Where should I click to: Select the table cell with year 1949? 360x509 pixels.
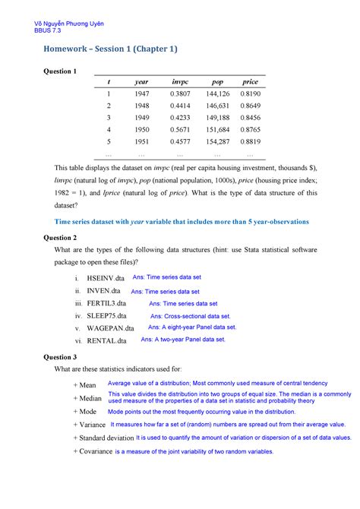click(x=141, y=118)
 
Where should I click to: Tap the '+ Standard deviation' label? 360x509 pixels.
click(x=103, y=438)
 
